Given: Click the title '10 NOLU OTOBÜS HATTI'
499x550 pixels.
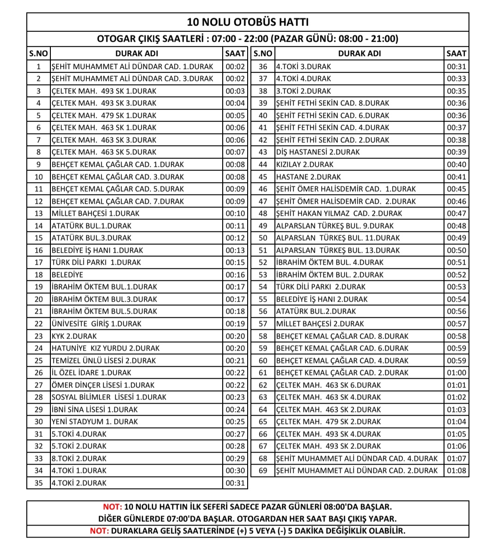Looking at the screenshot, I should (248, 22).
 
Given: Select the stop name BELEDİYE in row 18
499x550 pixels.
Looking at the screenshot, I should (67, 275).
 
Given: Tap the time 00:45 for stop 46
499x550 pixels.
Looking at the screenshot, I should (456, 189).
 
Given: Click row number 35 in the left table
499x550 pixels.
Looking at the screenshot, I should (39, 483).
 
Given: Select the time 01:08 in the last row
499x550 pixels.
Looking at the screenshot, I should (456, 471).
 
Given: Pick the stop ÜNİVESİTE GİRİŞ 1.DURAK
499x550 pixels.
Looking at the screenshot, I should (97, 324).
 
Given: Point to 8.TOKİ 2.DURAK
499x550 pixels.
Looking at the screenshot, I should (79, 459).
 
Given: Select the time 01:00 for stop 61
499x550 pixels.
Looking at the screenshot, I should (456, 373).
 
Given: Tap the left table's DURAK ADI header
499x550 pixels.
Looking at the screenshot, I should (136, 54).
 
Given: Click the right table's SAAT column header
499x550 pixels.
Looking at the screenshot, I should (456, 54).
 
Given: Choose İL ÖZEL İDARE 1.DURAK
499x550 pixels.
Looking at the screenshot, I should (91, 373).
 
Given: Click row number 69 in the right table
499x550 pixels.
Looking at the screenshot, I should (263, 471).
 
